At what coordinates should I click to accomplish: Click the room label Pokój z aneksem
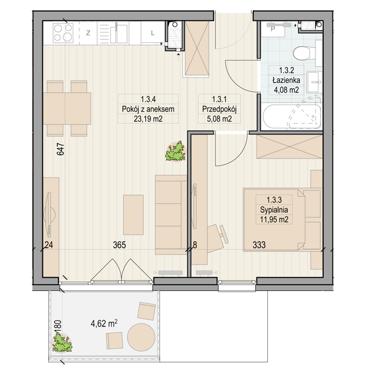click(148, 109)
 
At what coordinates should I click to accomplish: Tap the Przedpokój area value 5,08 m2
click(219, 119)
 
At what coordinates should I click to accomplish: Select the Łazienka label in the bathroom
click(286, 80)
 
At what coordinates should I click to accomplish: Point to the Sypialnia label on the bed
click(274, 210)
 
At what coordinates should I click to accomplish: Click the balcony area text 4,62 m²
click(104, 324)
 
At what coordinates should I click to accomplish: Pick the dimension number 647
click(60, 149)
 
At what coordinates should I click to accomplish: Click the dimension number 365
click(119, 245)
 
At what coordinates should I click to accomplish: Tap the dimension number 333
click(259, 245)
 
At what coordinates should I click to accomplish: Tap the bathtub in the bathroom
click(292, 117)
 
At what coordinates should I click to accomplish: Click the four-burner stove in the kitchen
click(63, 33)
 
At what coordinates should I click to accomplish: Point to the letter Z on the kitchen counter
click(88, 33)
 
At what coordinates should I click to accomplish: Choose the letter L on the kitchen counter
click(153, 33)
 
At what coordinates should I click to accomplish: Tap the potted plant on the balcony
click(62, 342)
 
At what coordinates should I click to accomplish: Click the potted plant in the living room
click(175, 151)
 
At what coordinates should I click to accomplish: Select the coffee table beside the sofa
click(134, 215)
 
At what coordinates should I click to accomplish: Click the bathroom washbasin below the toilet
click(314, 82)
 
